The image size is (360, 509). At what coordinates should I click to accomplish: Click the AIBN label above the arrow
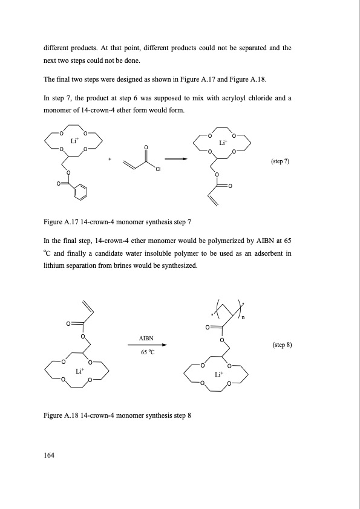click(x=146, y=339)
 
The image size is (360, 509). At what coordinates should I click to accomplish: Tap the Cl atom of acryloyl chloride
click(x=157, y=169)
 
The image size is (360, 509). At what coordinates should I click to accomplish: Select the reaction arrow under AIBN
click(x=147, y=346)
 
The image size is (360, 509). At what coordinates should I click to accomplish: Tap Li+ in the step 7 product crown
click(x=222, y=143)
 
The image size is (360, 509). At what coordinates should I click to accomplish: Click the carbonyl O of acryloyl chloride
click(x=146, y=147)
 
